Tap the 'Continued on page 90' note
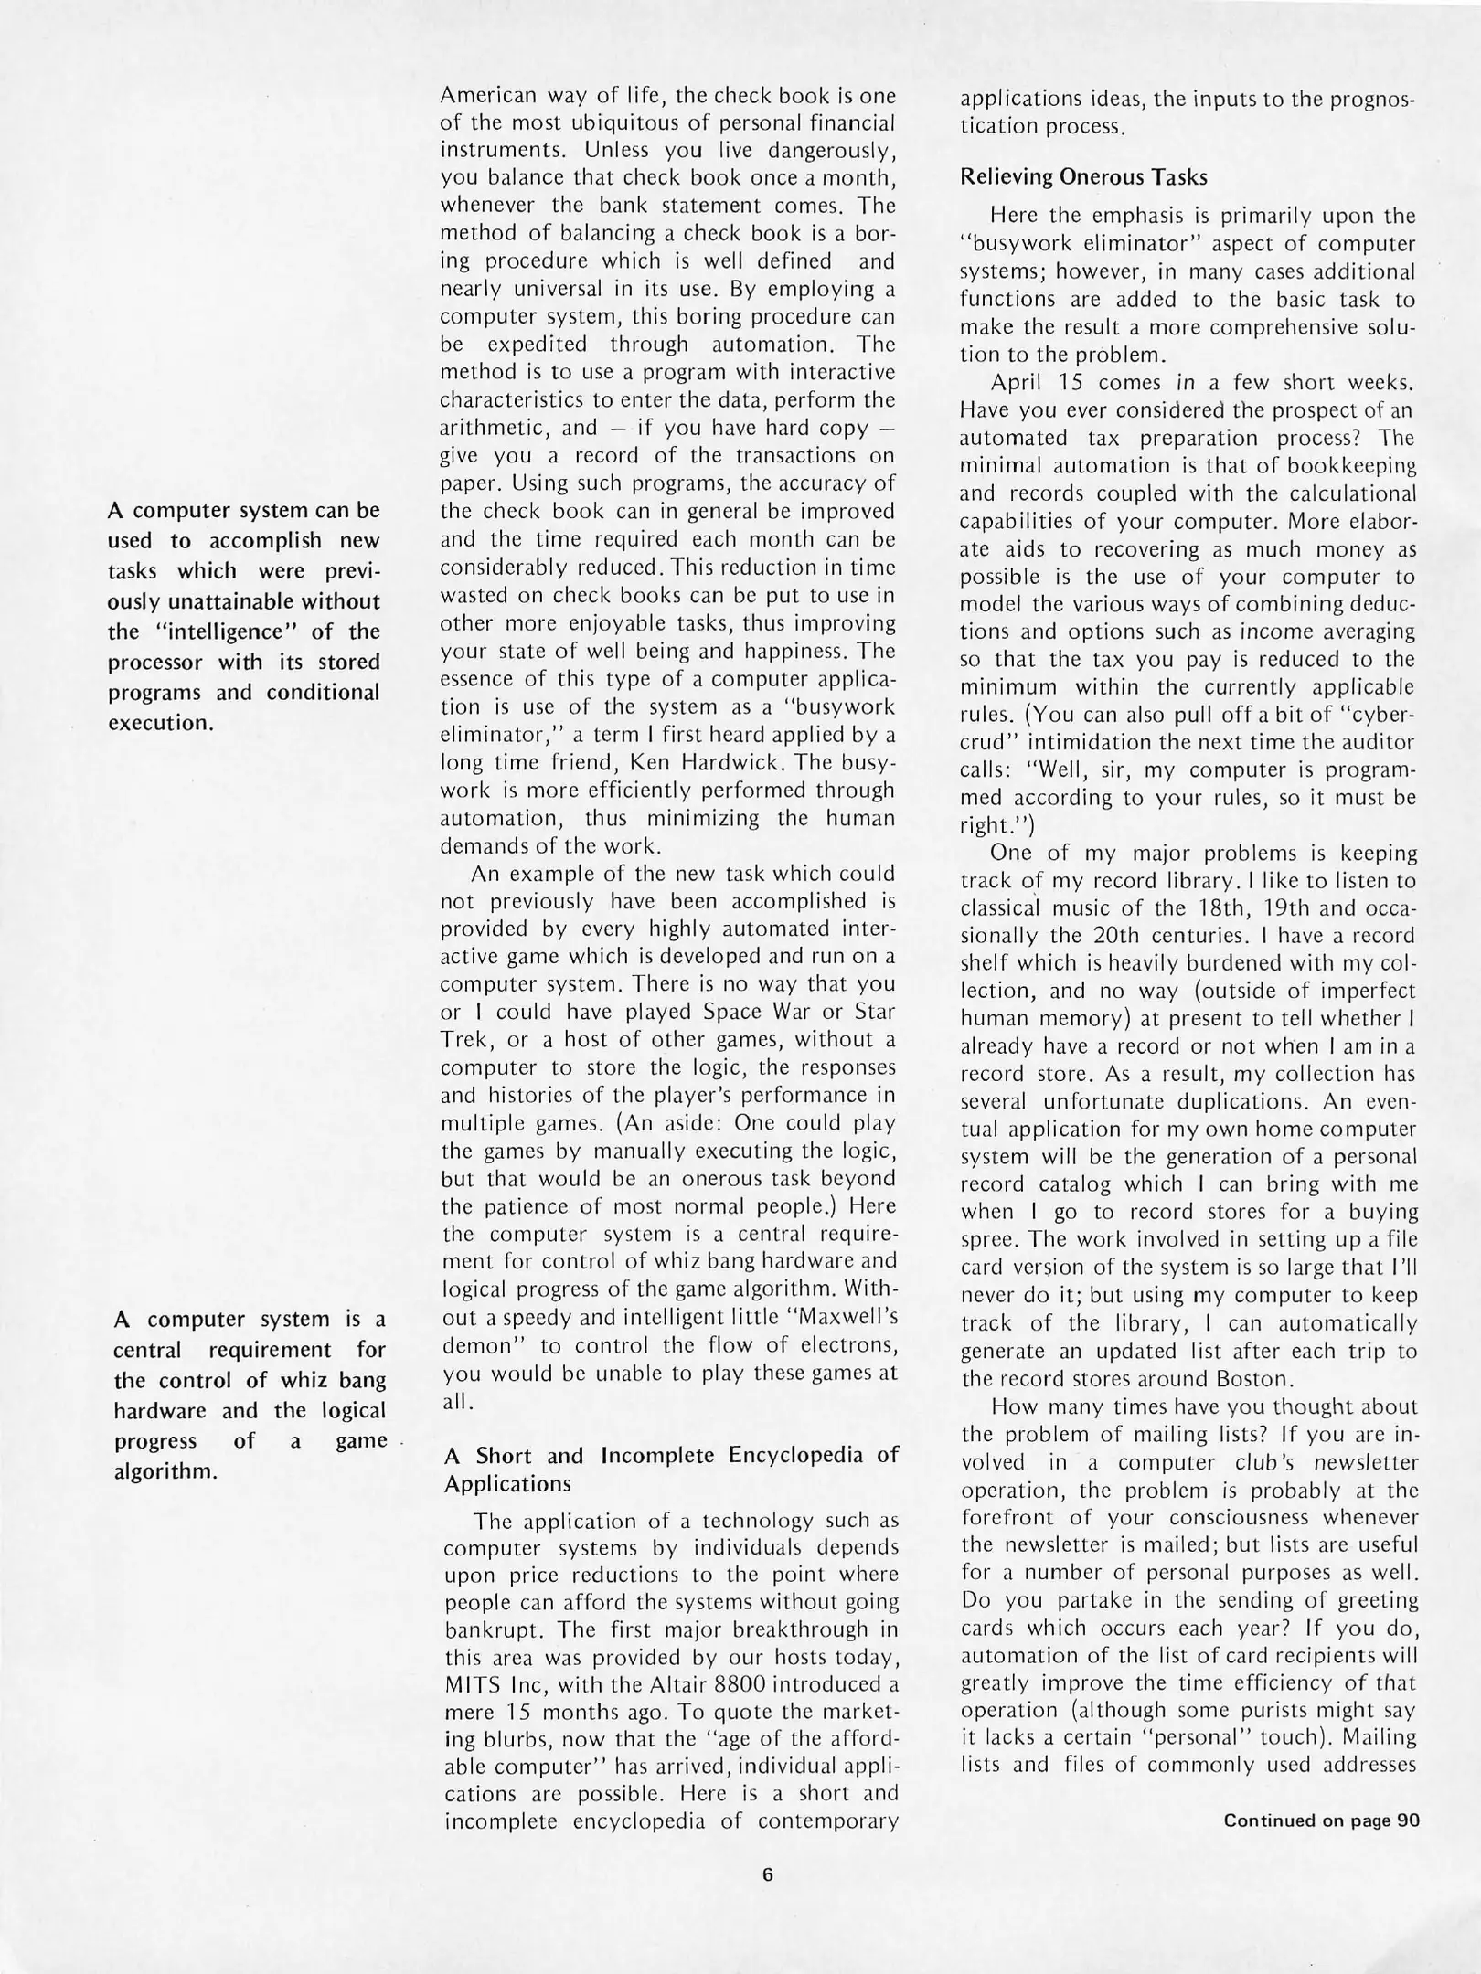pyautogui.click(x=1321, y=1820)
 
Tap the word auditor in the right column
pyautogui.click(x=1376, y=742)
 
